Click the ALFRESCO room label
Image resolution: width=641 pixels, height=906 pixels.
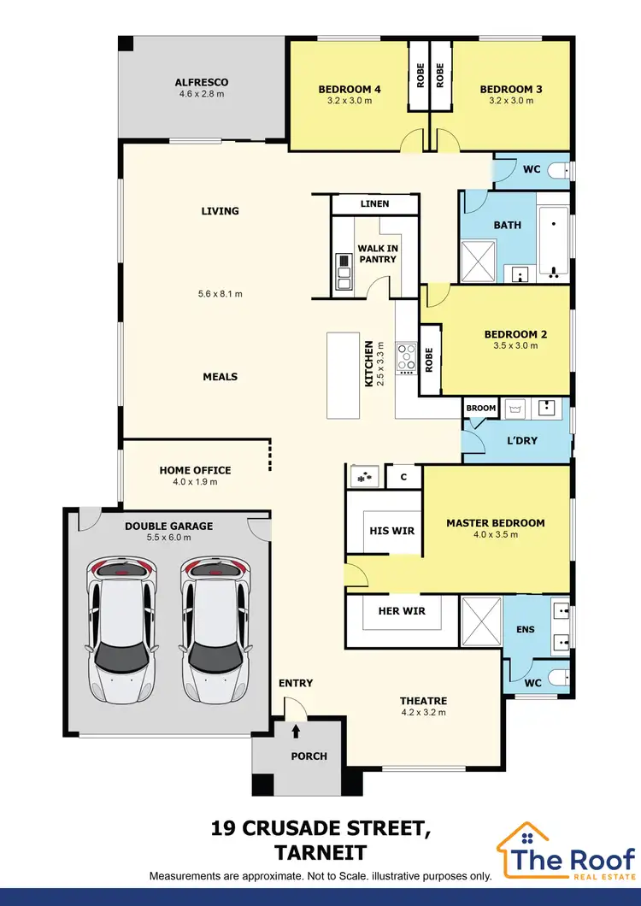pos(202,83)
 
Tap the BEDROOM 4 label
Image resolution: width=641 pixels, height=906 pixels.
pos(350,89)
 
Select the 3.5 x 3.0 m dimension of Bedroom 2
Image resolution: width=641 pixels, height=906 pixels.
pos(515,346)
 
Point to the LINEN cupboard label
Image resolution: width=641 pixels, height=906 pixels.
pos(374,203)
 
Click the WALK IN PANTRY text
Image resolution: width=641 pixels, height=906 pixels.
pos(377,254)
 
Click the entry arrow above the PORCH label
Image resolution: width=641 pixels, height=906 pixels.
pos(297,732)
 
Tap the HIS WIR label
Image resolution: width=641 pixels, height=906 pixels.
pos(391,531)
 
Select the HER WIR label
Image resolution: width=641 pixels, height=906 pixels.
pos(402,610)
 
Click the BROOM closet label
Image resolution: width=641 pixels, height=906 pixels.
pos(481,409)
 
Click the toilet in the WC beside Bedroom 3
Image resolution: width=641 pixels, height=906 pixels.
pos(560,169)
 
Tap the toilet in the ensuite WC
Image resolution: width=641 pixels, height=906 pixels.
pos(559,679)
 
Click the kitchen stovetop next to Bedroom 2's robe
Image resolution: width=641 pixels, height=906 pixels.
pos(407,357)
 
